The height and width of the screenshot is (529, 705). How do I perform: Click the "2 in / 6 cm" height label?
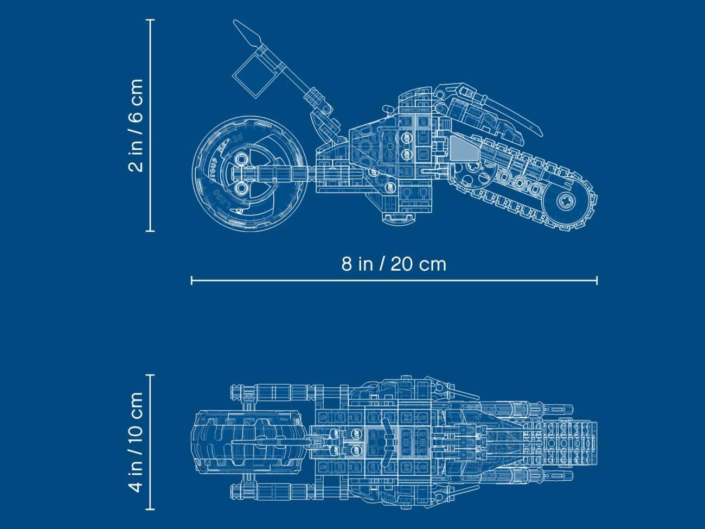point(135,125)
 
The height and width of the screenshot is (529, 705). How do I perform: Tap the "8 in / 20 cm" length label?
point(394,264)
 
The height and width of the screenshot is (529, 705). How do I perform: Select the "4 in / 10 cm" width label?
point(135,442)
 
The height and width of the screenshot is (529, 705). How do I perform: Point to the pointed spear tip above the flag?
point(247,33)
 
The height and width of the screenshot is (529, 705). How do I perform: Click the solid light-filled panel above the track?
point(464,148)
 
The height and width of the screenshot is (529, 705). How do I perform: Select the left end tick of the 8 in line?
point(192,281)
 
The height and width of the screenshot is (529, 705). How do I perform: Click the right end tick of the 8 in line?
point(597,281)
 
